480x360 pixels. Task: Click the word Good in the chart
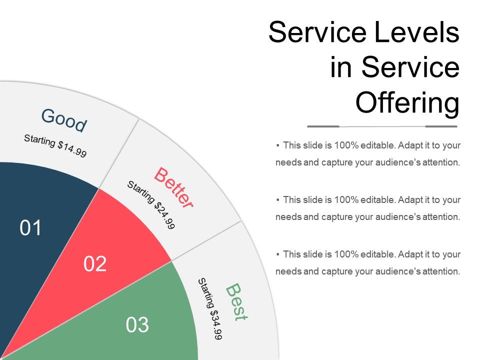click(64, 120)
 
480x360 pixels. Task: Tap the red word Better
click(173, 187)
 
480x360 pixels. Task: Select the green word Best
click(236, 301)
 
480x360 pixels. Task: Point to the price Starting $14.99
click(55, 146)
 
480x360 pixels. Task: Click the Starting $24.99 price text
click(151, 205)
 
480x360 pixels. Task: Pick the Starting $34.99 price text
click(210, 309)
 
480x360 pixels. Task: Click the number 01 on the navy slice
click(31, 228)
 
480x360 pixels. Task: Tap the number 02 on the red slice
click(95, 263)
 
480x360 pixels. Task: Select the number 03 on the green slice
click(137, 325)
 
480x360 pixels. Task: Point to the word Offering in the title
click(407, 103)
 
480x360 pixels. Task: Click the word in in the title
click(341, 68)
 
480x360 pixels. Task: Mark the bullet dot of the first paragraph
click(277, 145)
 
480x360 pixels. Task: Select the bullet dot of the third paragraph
click(277, 254)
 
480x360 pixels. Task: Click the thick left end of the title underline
click(323, 126)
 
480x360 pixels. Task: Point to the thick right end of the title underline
click(441, 126)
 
